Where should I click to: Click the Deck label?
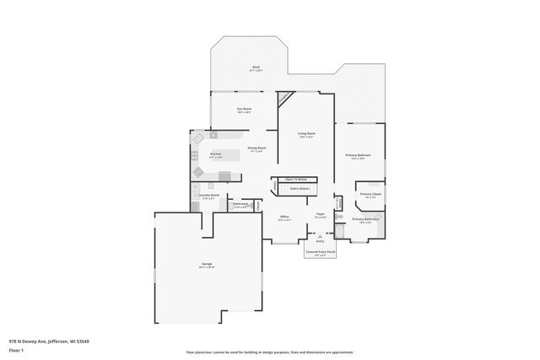pos(256,67)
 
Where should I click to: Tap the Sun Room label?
pos(245,109)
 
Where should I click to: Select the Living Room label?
pos(306,134)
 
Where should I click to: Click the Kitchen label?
pos(215,154)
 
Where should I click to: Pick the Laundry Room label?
pos(208,196)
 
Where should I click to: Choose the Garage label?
pos(207,265)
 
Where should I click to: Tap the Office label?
pos(284,218)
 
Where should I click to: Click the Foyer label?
pos(321,215)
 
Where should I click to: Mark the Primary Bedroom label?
pos(358,156)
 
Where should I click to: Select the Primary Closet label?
pos(370,195)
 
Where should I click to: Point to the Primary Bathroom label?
pos(364,219)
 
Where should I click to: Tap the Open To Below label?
pos(295,180)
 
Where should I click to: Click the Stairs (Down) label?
pos(298,189)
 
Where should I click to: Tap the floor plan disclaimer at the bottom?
pos(270,352)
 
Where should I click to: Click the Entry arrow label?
pos(320,240)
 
